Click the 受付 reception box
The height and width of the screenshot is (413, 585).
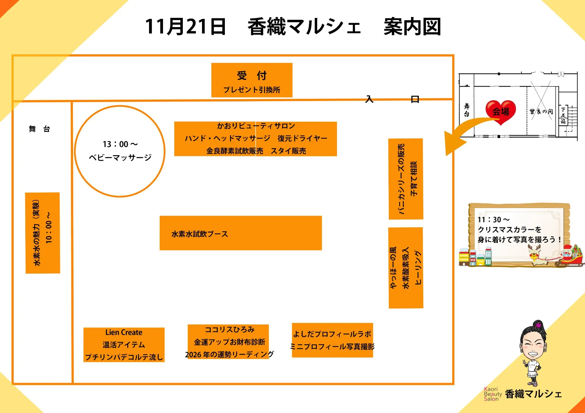click(x=252, y=80)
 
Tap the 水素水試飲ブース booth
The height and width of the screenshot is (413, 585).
click(x=240, y=233)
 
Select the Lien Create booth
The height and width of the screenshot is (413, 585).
click(x=124, y=345)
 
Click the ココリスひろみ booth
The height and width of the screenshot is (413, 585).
click(x=228, y=341)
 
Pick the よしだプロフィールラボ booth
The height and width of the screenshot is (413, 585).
click(x=332, y=340)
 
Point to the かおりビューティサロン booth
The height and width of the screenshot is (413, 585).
click(x=255, y=139)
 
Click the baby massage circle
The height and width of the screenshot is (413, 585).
click(x=120, y=151)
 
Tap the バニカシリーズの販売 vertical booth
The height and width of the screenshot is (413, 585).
click(x=406, y=179)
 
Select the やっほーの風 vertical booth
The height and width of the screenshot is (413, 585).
click(x=406, y=268)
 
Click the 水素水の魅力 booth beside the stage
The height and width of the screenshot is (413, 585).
click(x=42, y=233)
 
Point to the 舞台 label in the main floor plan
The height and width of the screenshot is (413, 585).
click(x=39, y=129)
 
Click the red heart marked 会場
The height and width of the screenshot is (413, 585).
click(x=501, y=111)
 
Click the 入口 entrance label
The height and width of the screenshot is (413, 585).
click(x=392, y=99)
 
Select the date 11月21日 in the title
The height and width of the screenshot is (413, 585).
click(x=185, y=27)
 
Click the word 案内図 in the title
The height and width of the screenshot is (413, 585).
click(x=412, y=27)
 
